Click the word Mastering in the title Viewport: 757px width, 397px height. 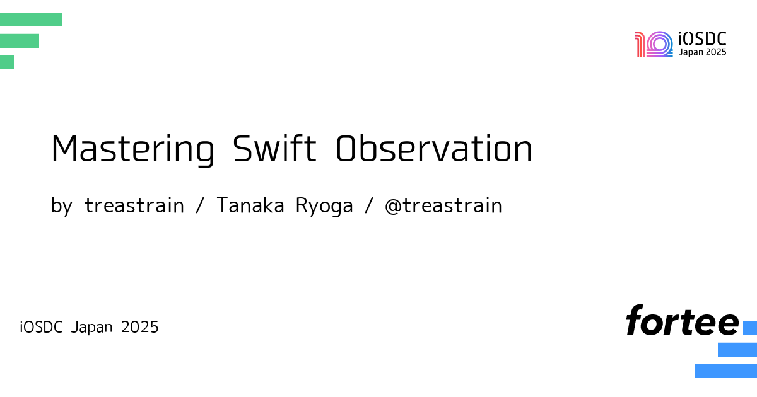[133, 150]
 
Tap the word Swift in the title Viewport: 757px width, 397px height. [274, 149]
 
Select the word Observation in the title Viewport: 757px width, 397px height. [434, 149]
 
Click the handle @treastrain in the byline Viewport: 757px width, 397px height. [443, 205]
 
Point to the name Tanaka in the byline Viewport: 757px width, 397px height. [250, 205]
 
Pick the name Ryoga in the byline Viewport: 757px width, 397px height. [324, 206]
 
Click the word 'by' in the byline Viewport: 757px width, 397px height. [62, 206]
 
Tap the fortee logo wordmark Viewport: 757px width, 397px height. [683, 320]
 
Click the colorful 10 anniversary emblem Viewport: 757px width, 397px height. [654, 44]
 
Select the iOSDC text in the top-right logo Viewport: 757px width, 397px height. [702, 39]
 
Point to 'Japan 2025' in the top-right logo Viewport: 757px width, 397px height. [702, 52]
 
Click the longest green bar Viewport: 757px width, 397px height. [31, 20]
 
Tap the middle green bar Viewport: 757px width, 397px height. [20, 41]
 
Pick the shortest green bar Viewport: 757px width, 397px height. [7, 62]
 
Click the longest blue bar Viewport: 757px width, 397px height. [726, 371]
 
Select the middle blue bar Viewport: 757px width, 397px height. [737, 349]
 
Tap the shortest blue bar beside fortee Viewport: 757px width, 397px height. [750, 328]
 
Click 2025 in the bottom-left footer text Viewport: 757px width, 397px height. [139, 327]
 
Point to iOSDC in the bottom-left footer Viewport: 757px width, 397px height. [41, 327]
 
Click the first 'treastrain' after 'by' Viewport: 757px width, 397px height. [134, 205]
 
